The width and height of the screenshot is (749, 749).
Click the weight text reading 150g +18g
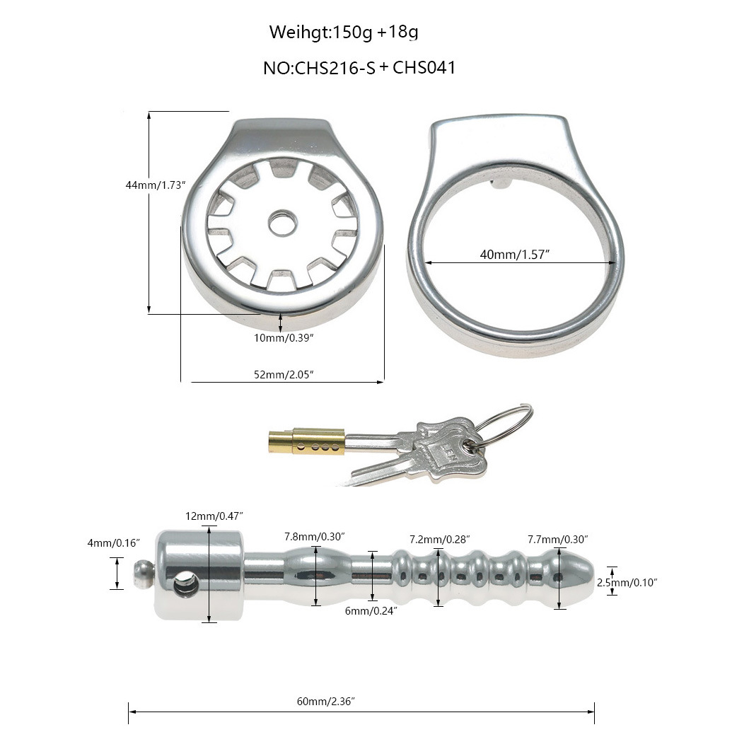click(375, 33)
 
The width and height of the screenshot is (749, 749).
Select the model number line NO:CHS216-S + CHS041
click(359, 68)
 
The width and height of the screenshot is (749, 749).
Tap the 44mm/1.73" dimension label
click(155, 185)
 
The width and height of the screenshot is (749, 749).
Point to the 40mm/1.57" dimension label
click(514, 255)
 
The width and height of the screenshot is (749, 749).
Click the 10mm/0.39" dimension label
click(284, 338)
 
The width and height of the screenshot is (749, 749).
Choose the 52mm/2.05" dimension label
click(284, 375)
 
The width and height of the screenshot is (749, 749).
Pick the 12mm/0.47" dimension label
click(214, 516)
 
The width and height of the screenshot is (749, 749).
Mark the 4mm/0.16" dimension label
click(114, 543)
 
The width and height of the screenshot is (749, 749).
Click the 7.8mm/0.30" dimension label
click(314, 537)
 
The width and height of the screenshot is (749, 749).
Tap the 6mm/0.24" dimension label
click(371, 611)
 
